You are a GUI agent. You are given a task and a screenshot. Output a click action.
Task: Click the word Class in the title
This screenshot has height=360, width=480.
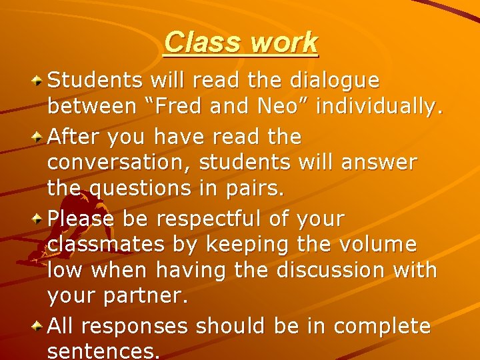pyautogui.click(x=203, y=43)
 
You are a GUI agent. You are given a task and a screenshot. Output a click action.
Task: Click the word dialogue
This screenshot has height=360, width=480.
pyautogui.click(x=335, y=81)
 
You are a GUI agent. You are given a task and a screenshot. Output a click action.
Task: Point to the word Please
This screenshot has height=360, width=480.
pyautogui.click(x=75, y=218)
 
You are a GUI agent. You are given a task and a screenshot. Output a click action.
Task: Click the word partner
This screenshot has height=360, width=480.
pyautogui.click(x=145, y=296)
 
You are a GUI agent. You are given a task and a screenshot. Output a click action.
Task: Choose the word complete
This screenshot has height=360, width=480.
pyautogui.click(x=383, y=327)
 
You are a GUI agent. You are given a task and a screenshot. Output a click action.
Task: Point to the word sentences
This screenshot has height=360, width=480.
pyautogui.click(x=103, y=351)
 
